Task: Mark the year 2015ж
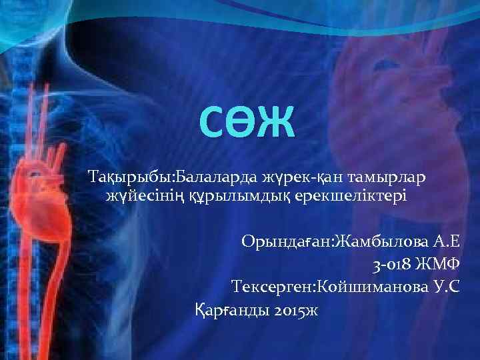pos(296,310)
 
